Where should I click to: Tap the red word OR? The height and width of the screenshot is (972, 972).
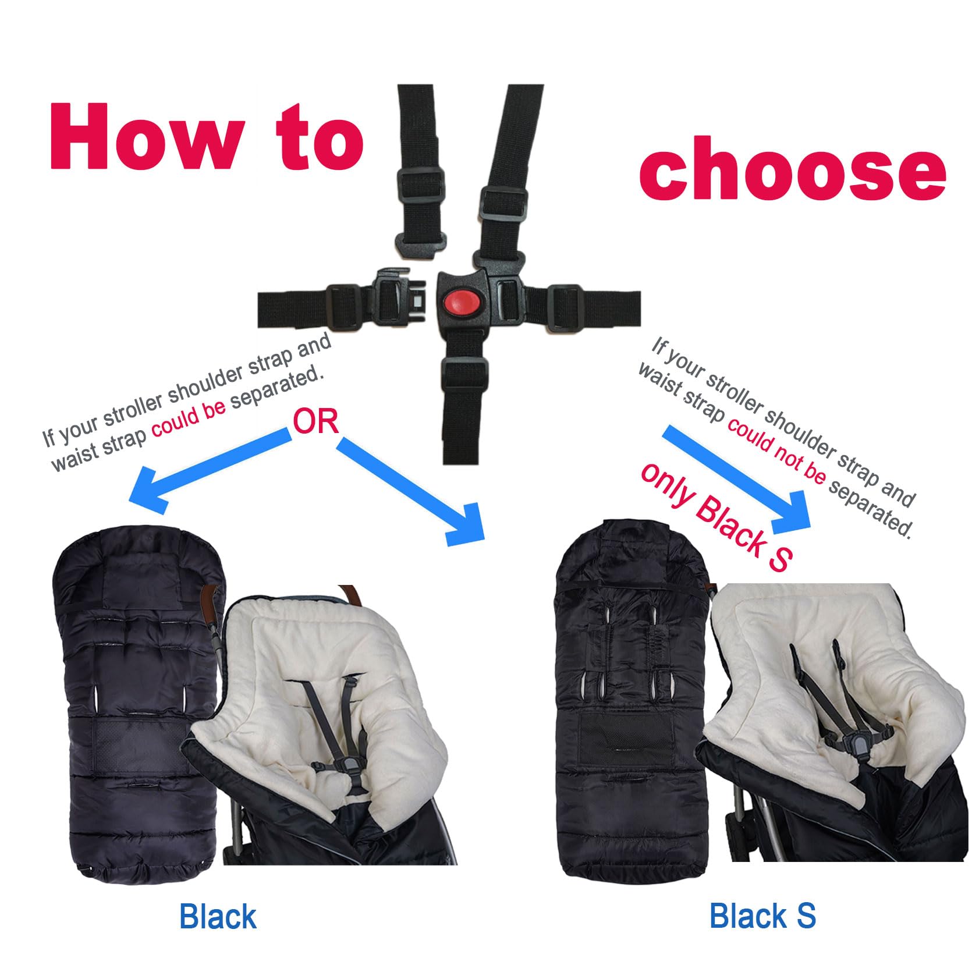pos(315,421)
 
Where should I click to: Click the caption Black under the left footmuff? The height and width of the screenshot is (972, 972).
pos(218,917)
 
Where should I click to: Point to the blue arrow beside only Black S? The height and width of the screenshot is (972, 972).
pos(739,476)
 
